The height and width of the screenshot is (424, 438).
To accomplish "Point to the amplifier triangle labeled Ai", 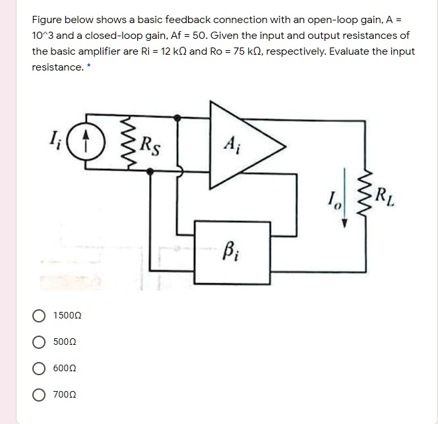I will click(237, 146).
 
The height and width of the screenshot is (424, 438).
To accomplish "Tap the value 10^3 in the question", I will click(44, 36).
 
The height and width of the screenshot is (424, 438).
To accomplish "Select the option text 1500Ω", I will click(68, 317).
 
